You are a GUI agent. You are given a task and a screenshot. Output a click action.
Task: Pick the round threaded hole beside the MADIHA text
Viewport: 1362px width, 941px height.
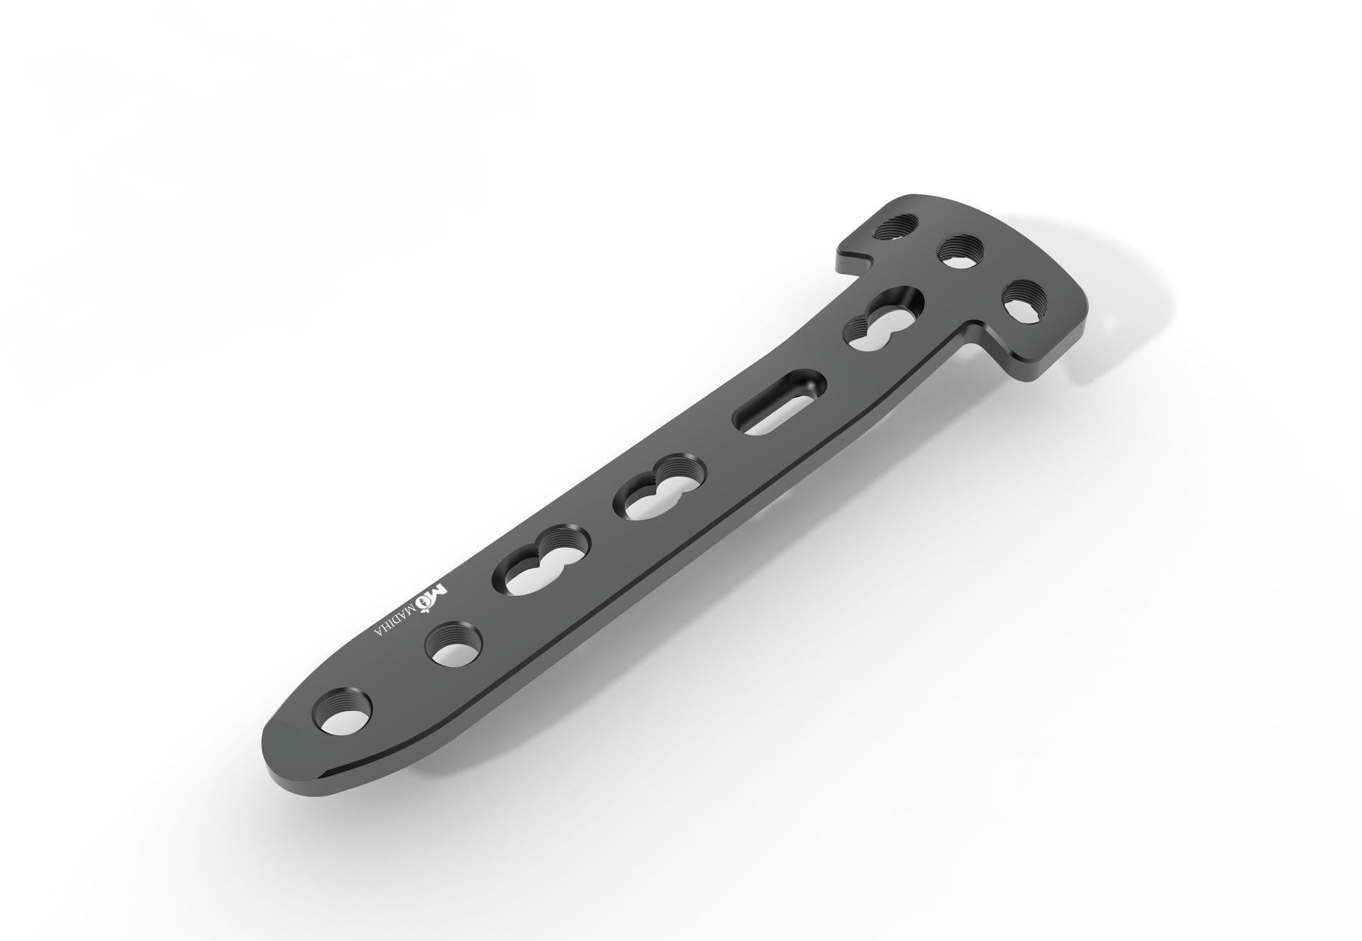click(454, 644)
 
